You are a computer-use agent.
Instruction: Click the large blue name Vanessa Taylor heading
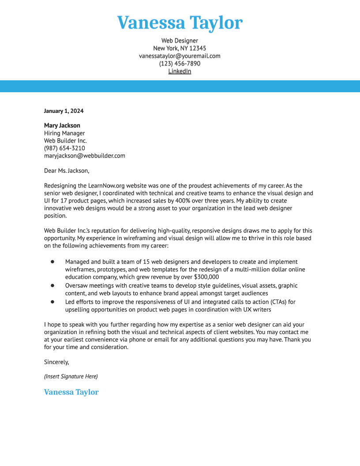180,23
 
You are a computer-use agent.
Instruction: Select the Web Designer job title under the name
180,41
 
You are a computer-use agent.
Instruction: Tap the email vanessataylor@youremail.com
180,56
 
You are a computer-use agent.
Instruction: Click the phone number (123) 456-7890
180,64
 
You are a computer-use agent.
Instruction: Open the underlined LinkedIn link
180,71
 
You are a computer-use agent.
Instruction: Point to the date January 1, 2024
64,111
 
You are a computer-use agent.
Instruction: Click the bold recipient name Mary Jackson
62,125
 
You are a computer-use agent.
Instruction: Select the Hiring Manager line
64,133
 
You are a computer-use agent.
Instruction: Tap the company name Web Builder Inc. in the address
65,141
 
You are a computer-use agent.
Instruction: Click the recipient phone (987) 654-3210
64,148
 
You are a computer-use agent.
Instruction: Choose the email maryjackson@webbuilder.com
84,156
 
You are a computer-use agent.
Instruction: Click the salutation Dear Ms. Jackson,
67,171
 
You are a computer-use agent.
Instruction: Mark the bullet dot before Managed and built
52,262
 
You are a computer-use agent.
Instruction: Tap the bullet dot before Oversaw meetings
52,286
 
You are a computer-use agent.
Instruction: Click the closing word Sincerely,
56,362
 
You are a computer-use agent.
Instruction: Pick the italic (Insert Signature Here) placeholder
71,376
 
